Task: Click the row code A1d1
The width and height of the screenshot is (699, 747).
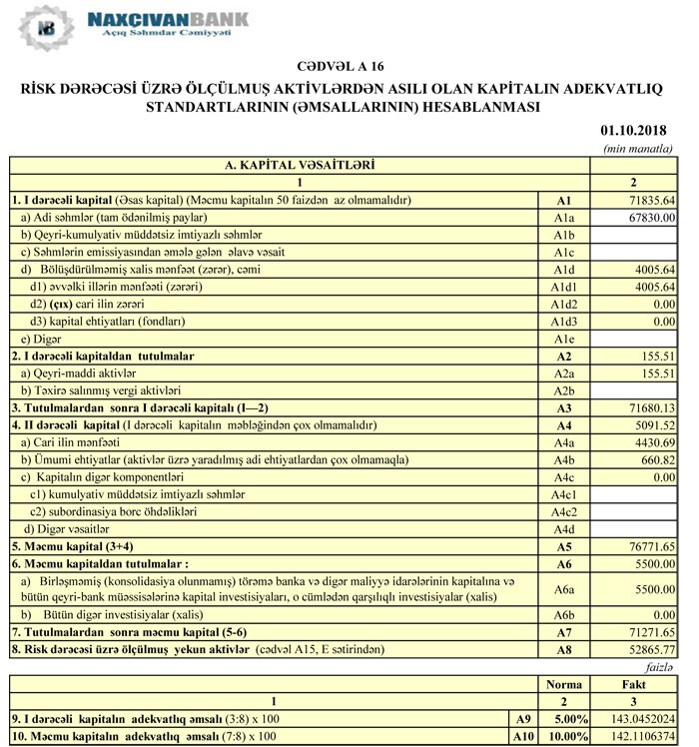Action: point(564,287)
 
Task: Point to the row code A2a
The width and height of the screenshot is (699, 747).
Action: point(564,373)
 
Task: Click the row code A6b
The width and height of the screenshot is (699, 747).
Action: point(564,615)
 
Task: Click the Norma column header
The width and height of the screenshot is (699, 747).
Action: point(563,685)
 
